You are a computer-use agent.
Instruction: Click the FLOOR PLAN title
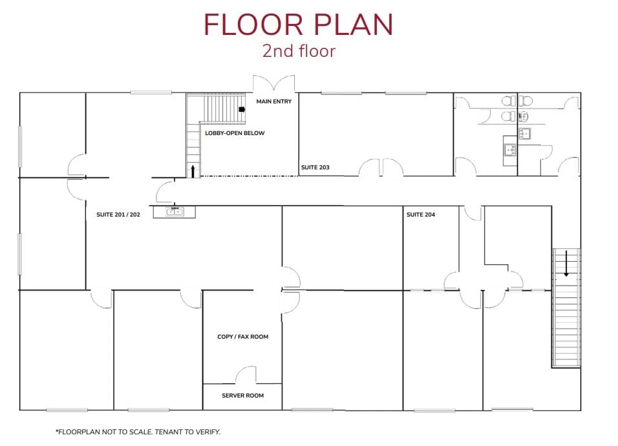298,25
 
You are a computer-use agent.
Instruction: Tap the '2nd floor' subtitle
299,51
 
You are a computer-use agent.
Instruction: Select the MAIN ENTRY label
274,101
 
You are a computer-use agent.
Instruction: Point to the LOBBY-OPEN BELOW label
235,133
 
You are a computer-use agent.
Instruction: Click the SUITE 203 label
315,167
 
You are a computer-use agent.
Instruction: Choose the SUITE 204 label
421,215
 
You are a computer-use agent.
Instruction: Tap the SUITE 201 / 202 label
118,215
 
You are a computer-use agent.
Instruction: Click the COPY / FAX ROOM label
242,337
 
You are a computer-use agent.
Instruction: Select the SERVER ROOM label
242,396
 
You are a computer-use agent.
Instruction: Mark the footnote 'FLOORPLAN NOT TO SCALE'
138,432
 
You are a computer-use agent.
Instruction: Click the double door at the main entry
274,85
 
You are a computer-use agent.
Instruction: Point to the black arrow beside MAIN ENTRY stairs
242,110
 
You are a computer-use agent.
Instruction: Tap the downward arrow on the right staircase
566,264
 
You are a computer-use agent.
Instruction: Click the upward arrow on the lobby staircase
193,170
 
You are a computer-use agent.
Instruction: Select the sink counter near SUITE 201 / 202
174,212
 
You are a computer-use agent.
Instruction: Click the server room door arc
247,375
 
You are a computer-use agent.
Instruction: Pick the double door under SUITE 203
381,167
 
